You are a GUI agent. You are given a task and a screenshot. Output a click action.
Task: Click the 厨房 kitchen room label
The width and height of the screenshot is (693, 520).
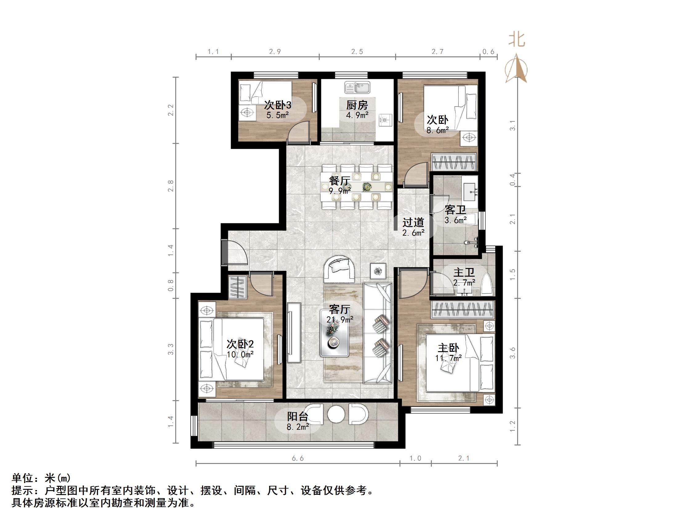point(357,105)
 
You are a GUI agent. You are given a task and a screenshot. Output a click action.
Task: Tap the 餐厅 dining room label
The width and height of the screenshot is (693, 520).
point(339,181)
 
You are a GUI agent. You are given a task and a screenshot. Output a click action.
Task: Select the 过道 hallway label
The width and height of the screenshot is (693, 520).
point(413,222)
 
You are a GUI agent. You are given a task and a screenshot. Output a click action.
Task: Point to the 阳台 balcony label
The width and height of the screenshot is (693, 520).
point(298,416)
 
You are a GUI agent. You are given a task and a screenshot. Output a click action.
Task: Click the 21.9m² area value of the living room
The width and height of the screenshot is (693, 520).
point(340,319)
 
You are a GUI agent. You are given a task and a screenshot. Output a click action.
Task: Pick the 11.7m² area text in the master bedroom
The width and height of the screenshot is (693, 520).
point(448,358)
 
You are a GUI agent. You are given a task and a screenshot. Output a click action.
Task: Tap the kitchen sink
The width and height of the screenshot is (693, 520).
point(358,87)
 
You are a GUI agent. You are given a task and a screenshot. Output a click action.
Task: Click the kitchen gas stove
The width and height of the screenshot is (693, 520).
point(385,120)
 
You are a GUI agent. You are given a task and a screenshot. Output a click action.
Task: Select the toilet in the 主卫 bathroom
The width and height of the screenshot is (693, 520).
point(486,285)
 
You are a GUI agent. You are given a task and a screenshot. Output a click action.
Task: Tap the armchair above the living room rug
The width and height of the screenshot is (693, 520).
point(340,269)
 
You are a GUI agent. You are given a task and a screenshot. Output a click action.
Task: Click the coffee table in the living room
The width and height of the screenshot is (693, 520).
point(334,333)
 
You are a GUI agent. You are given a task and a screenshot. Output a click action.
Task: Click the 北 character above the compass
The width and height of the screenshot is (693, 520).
point(517,40)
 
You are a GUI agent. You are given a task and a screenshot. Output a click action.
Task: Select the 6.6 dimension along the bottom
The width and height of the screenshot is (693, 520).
point(298,459)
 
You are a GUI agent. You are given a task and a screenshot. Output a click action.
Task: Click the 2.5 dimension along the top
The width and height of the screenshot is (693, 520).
point(357,52)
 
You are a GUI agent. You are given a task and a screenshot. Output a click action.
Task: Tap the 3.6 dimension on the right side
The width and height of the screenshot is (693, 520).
point(513,353)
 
